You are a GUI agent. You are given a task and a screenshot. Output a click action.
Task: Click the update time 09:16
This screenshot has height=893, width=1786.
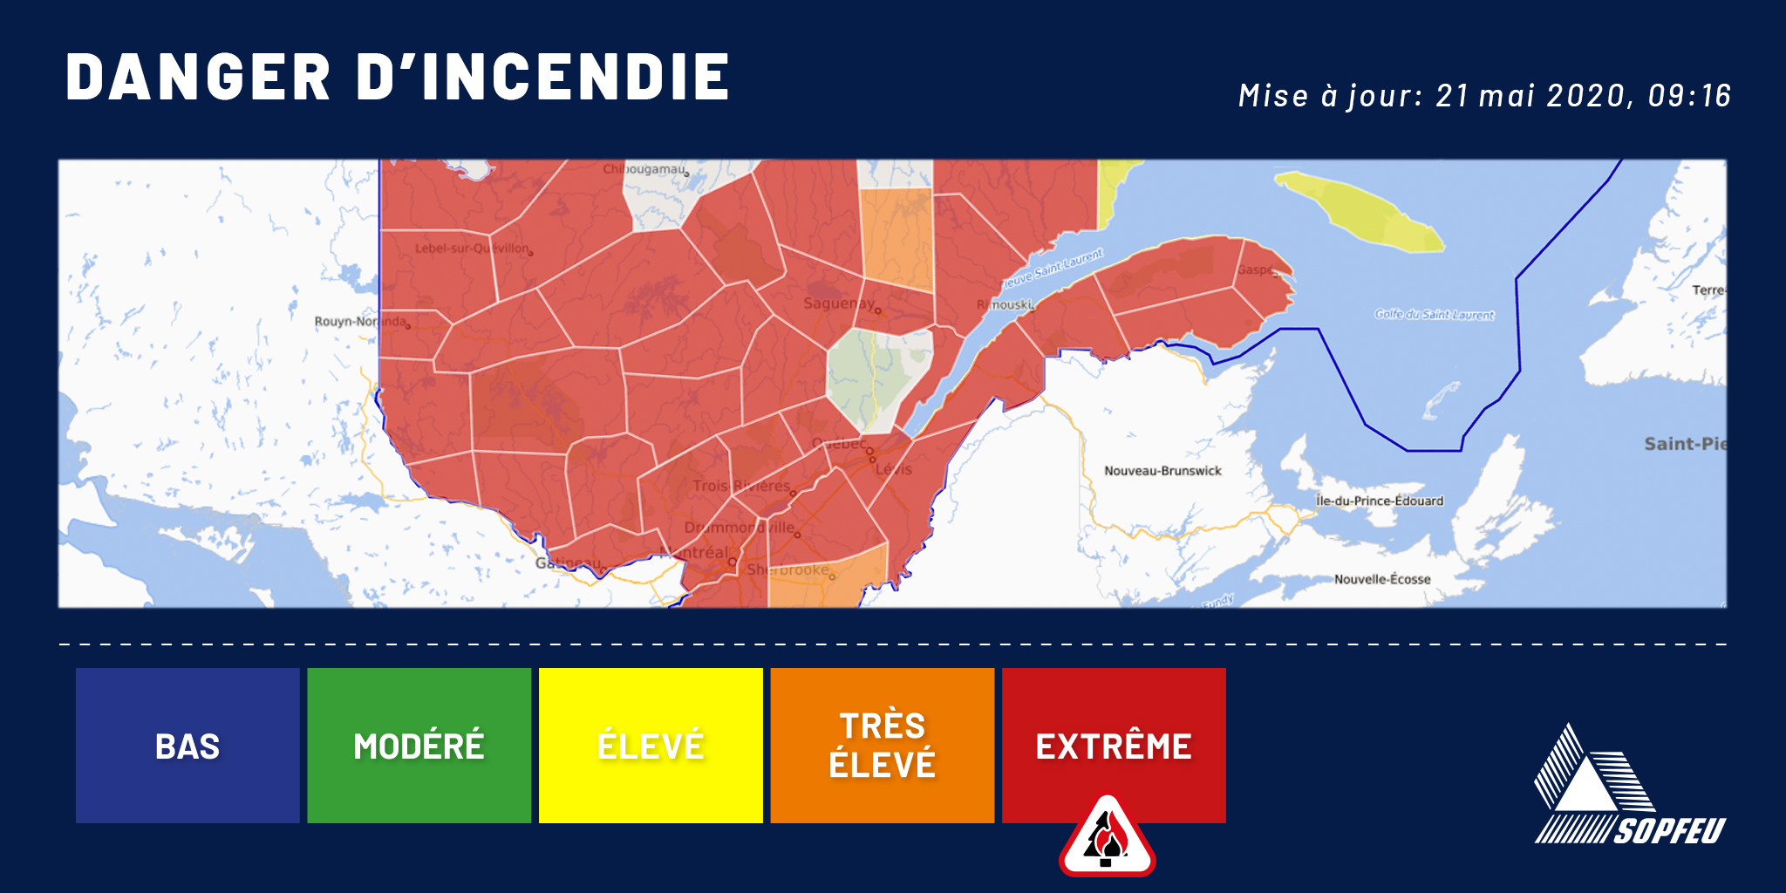[1688, 96]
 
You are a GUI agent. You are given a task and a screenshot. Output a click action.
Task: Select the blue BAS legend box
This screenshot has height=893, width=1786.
[187, 746]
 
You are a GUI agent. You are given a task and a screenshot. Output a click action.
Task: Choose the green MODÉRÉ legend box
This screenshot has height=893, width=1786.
[419, 746]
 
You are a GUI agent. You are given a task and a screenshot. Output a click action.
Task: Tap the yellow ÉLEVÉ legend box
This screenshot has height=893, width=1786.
[651, 746]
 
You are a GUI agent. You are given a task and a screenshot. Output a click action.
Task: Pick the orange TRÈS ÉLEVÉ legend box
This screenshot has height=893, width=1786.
[882, 746]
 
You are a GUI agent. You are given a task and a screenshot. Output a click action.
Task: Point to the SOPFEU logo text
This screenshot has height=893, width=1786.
[1669, 831]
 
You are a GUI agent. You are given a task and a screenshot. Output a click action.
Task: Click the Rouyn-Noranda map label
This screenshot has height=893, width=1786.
[360, 322]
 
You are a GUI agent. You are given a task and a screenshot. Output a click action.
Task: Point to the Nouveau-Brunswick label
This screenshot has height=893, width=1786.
[1162, 471]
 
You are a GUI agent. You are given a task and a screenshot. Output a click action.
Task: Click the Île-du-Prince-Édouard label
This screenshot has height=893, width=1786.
[1380, 501]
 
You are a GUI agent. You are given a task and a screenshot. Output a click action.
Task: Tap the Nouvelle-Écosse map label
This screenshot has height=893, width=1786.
[1382, 579]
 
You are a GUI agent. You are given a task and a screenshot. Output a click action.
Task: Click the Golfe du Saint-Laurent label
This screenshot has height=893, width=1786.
[1435, 315]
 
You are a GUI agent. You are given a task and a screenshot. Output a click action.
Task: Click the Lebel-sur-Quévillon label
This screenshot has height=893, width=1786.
[472, 249]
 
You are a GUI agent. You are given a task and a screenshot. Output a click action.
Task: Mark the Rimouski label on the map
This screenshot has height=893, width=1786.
[1004, 305]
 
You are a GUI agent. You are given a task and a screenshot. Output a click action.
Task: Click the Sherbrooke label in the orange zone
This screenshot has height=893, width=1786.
[788, 570]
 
